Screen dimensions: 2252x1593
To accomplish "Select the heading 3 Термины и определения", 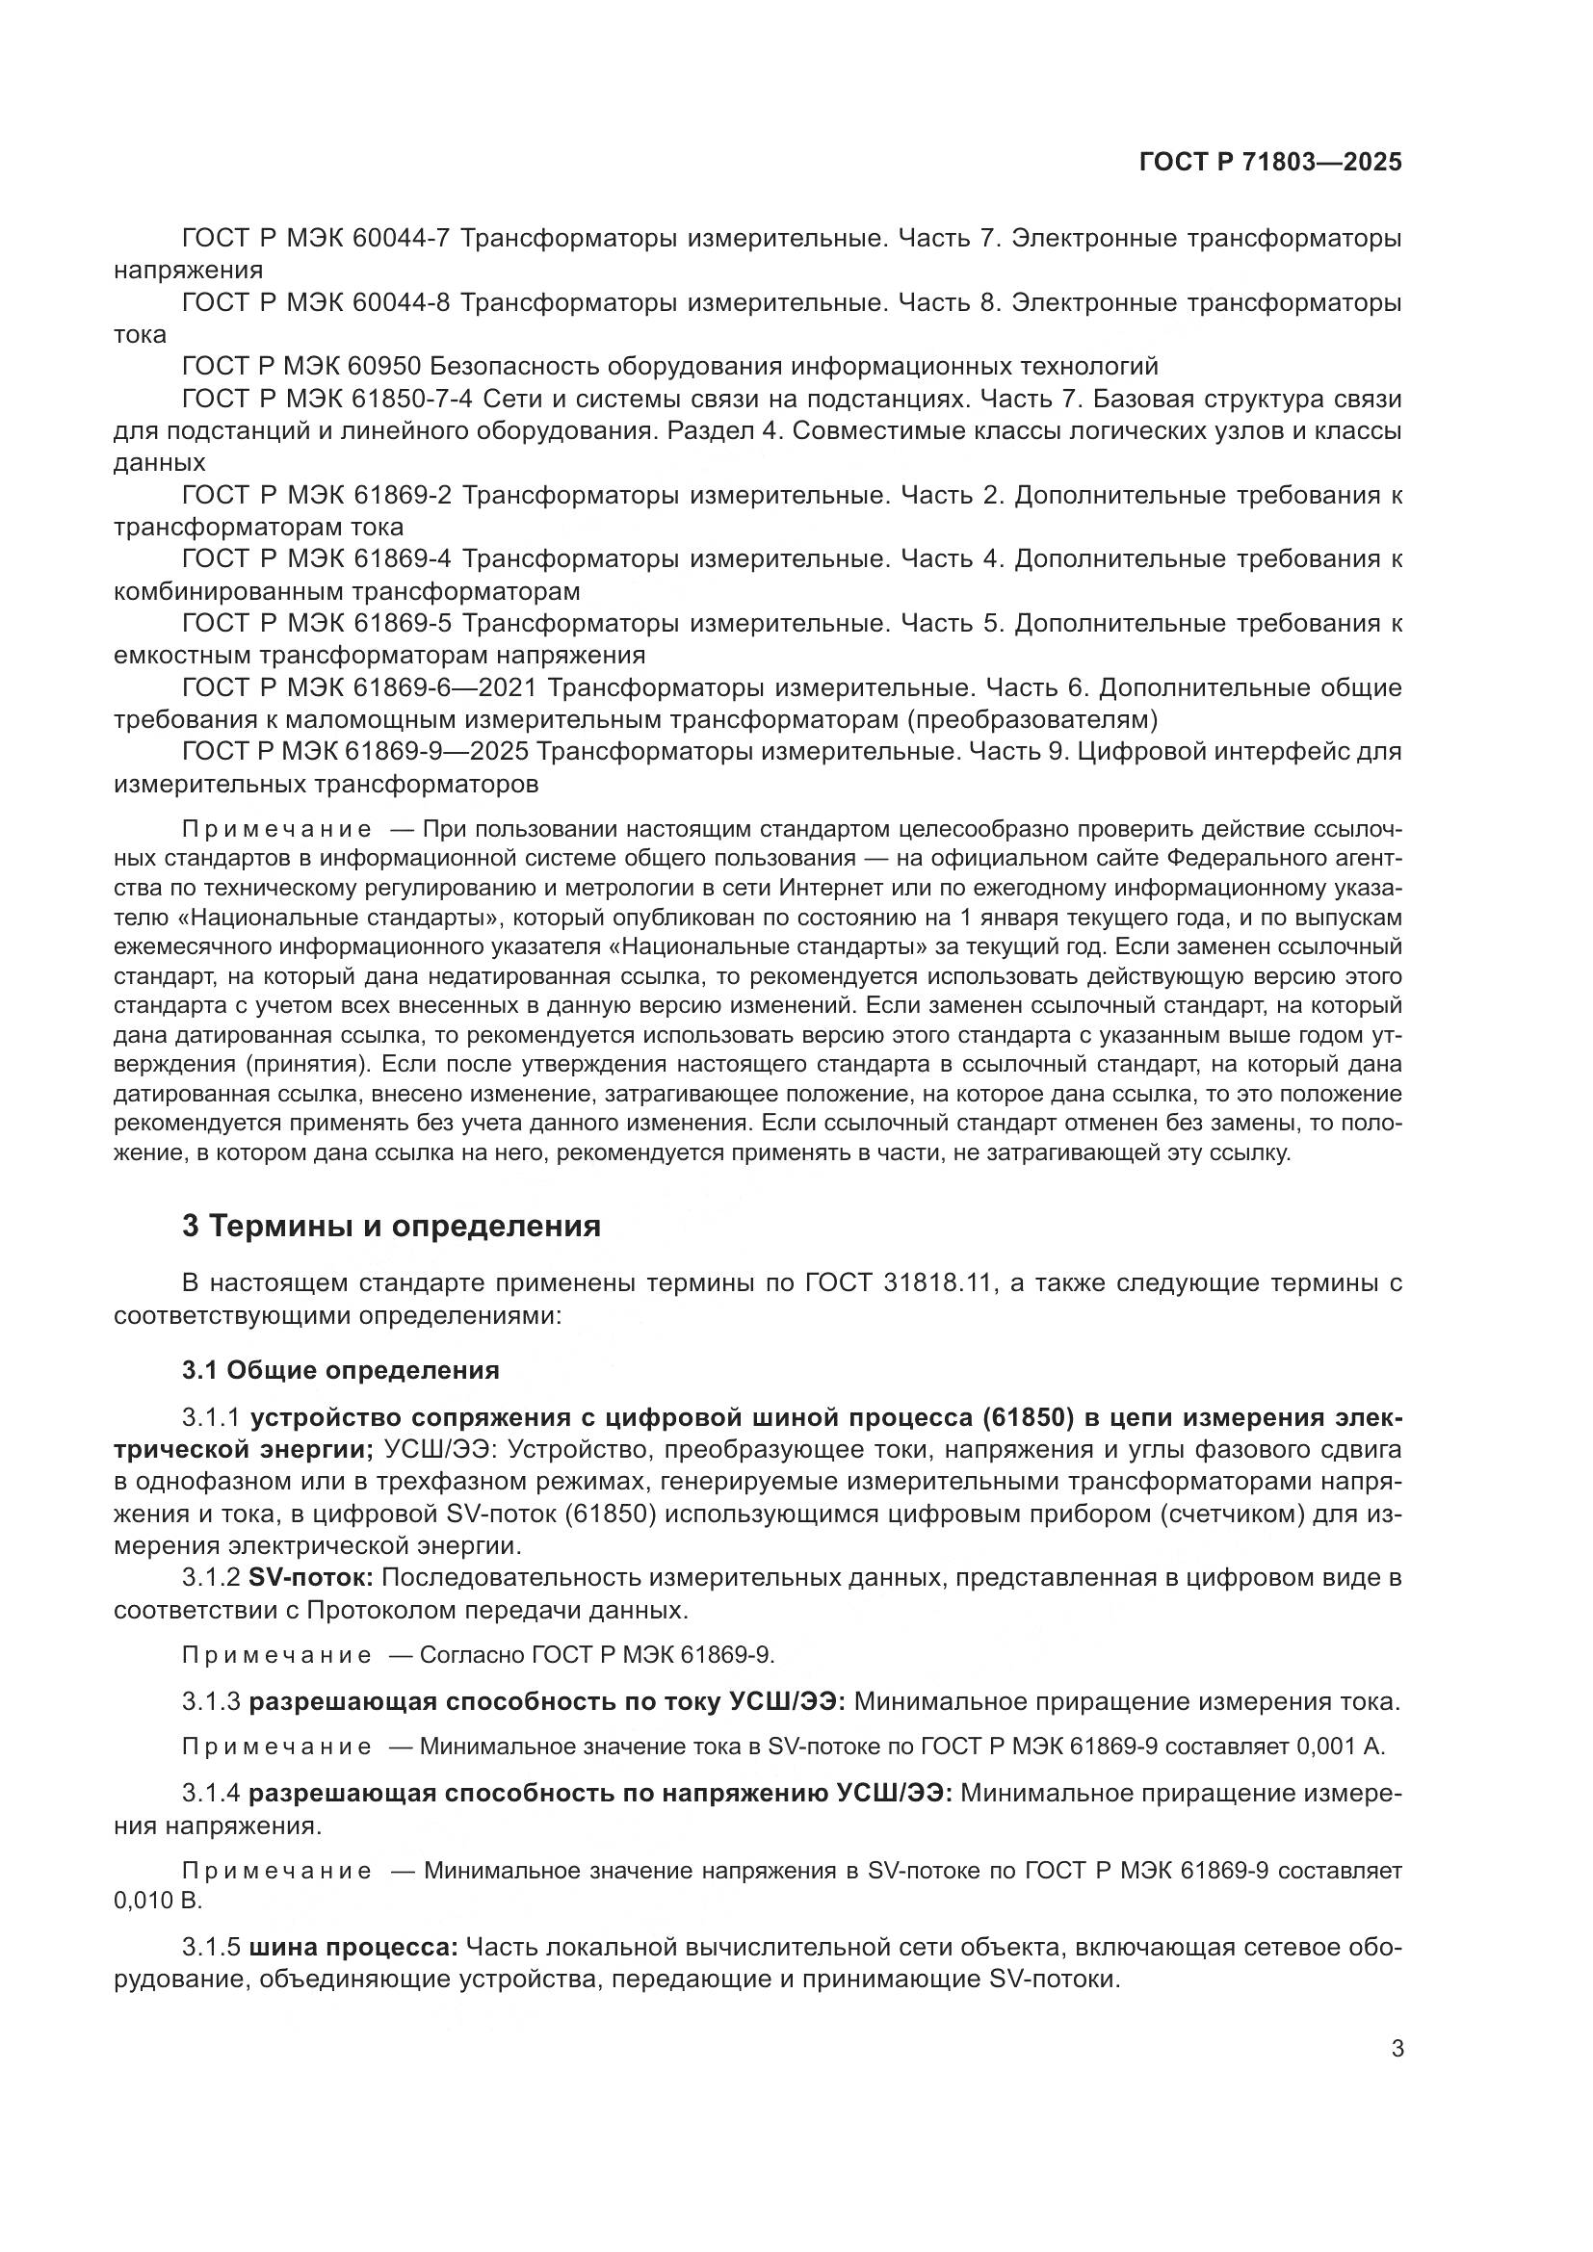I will (x=390, y=1226).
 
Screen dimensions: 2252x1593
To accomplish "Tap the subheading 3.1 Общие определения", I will (x=340, y=1369).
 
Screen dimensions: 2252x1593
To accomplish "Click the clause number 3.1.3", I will (x=211, y=1701).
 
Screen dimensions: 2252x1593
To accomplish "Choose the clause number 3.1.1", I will (x=211, y=1417).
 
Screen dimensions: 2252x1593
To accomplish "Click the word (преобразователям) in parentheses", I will (x=1032, y=720).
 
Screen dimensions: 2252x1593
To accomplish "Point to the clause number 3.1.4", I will (x=211, y=1794).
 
